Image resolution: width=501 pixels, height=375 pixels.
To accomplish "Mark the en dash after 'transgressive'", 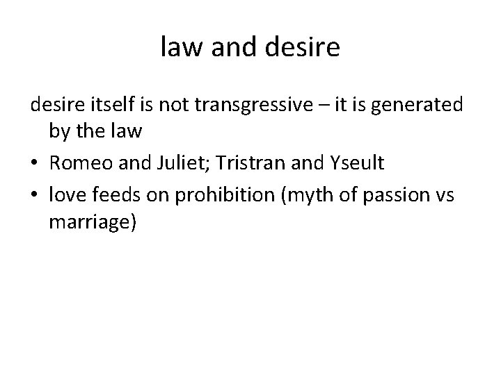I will [x=317, y=106].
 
